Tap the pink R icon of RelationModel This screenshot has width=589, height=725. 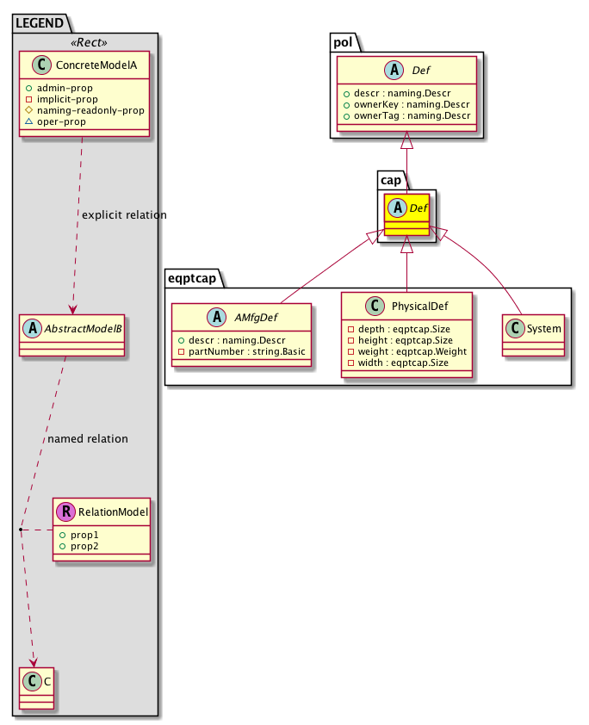tap(65, 512)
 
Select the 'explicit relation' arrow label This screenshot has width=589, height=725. tap(124, 214)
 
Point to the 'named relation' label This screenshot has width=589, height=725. tap(88, 439)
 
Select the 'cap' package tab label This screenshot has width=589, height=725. tap(392, 178)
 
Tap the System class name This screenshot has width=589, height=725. tap(542, 328)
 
